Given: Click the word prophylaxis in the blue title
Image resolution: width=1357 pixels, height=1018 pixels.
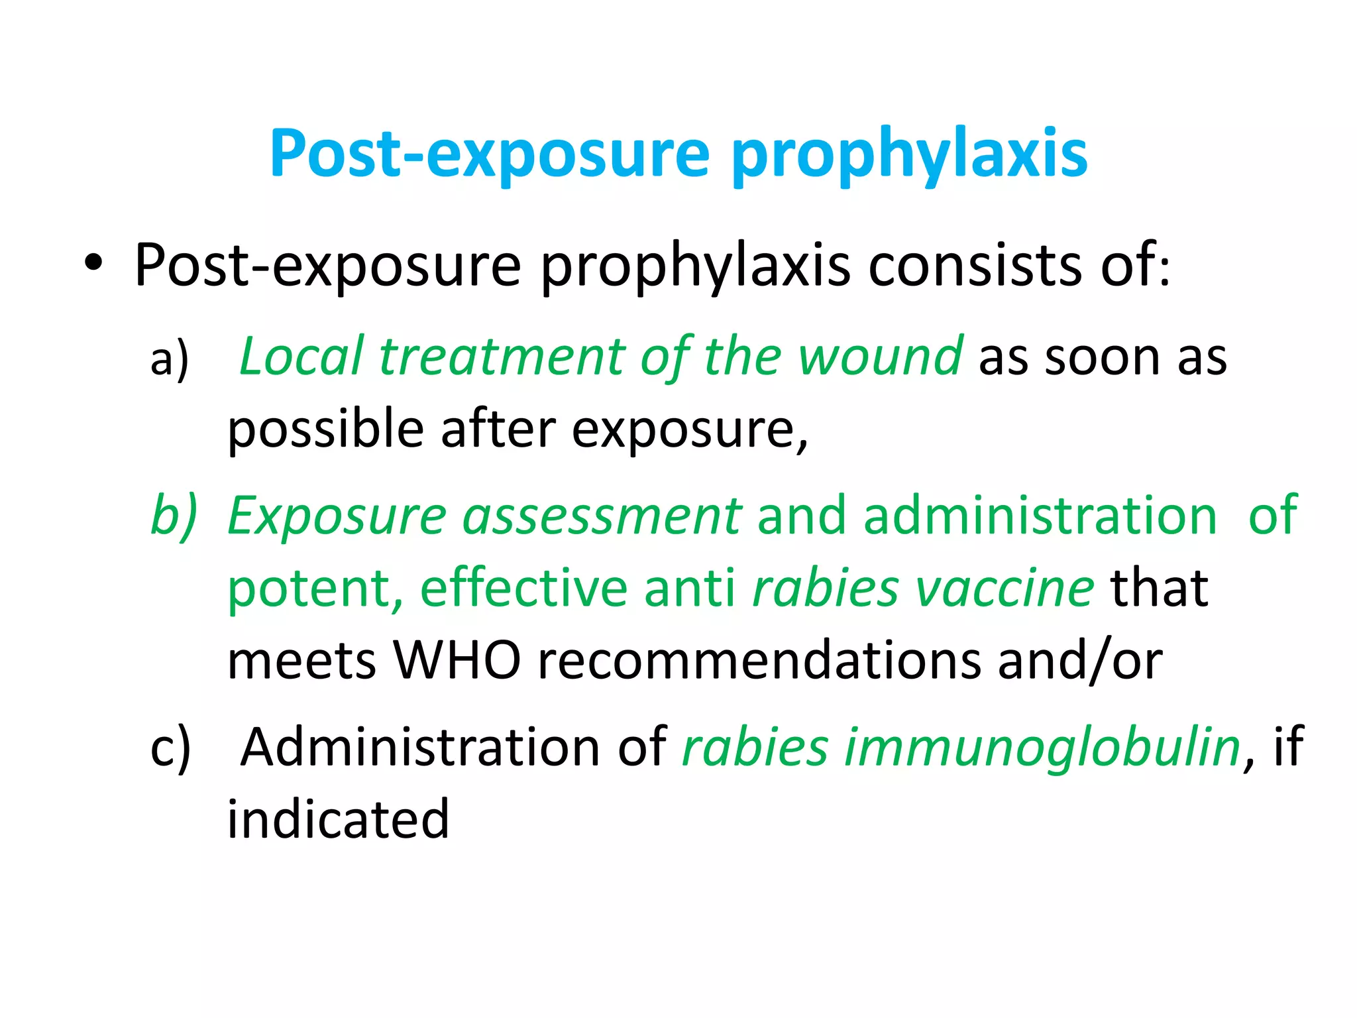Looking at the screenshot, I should pyautogui.click(x=909, y=154).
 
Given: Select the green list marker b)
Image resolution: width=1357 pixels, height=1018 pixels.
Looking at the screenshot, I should pyautogui.click(x=174, y=516).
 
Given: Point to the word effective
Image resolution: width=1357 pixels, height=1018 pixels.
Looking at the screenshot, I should pyautogui.click(x=523, y=588).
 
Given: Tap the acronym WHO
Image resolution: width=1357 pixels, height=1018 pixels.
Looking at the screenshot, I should pyautogui.click(x=457, y=661).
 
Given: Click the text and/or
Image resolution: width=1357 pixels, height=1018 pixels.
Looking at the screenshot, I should pyautogui.click(x=1080, y=661).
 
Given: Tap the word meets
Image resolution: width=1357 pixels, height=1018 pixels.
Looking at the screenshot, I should pyautogui.click(x=301, y=661).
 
